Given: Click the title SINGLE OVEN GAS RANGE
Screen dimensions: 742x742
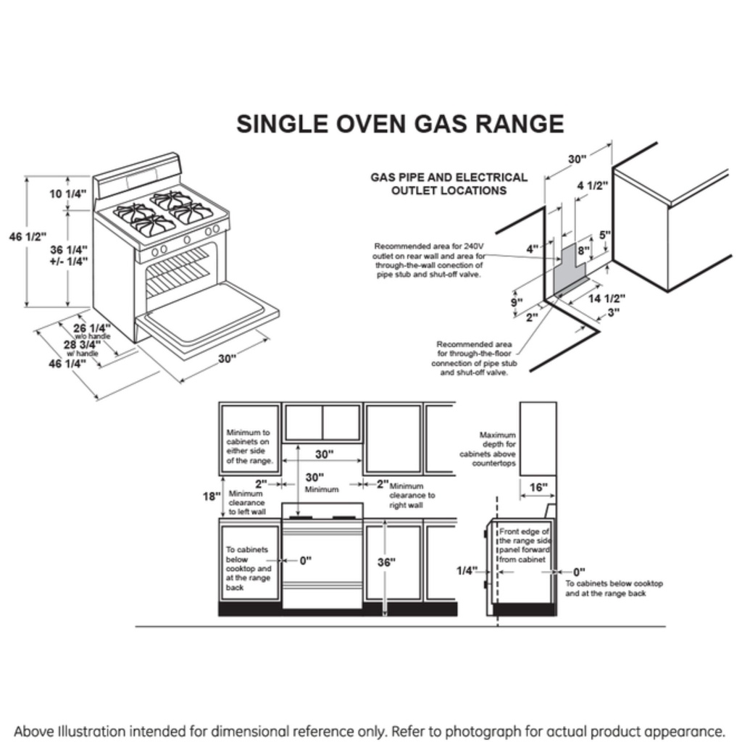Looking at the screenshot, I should coord(400,123).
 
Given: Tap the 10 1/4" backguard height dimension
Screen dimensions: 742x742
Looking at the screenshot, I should coord(67,193).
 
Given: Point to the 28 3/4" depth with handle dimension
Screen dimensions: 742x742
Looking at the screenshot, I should coord(80,345).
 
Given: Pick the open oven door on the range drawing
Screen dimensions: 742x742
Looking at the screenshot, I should coord(207,315).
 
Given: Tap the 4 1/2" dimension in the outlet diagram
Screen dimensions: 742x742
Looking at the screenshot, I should coord(592,185).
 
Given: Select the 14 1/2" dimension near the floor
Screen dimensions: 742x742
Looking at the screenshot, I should coord(606,298).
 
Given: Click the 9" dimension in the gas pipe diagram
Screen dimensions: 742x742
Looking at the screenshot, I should coord(515,303).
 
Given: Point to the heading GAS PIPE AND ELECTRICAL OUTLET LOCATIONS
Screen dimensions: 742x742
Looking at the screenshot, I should coord(449,183).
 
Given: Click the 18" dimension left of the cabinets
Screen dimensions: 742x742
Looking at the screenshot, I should coord(211,496).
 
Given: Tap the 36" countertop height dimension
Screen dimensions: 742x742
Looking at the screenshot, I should coord(386,562).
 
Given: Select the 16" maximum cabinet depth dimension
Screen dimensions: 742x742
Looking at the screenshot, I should coord(538,488).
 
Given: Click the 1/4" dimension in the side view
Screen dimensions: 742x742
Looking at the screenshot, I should coord(467,571).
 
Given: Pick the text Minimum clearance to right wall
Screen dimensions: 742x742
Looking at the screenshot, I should coord(412,496).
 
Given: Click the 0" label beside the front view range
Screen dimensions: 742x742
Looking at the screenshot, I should coord(305,560).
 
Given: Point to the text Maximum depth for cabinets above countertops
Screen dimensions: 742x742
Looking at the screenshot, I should coord(488,449).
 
